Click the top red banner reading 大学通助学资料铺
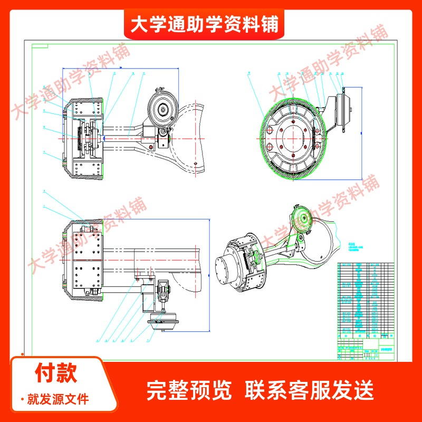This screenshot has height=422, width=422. [x=204, y=24]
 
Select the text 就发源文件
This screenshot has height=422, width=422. [x=58, y=399]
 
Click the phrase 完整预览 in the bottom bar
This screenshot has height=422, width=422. [x=188, y=391]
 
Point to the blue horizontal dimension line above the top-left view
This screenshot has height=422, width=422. [x=120, y=68]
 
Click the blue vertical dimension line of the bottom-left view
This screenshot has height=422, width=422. [x=209, y=275]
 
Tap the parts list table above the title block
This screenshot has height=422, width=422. [x=364, y=298]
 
